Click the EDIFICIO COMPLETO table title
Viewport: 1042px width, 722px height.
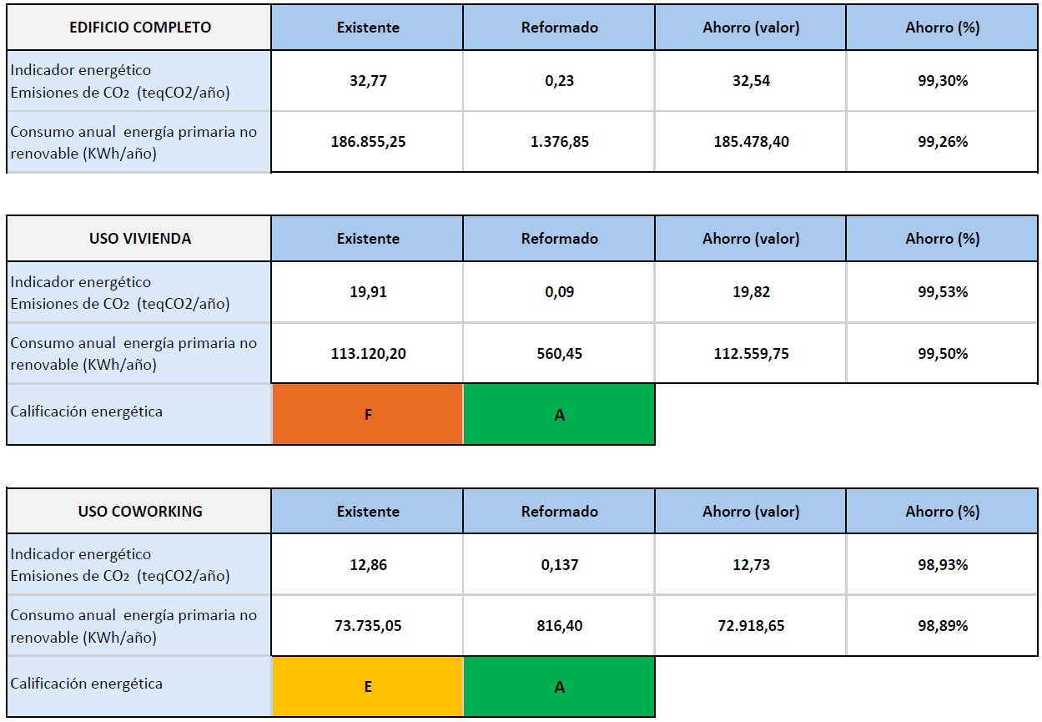[139, 28]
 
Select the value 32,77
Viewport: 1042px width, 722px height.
[368, 81]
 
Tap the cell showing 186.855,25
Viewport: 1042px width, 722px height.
[368, 142]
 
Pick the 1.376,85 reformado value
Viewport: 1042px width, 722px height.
[559, 142]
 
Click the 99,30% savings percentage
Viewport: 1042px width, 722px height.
[943, 81]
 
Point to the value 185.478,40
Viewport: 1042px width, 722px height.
[751, 142]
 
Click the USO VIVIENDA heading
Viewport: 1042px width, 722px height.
[139, 239]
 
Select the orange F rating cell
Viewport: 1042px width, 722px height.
[368, 415]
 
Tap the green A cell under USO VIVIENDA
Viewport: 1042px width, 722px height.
[559, 415]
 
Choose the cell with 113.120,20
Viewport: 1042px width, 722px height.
[368, 354]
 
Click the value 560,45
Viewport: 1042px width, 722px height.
[559, 354]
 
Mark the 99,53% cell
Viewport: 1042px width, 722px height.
[943, 292]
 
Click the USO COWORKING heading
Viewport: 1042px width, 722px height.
[139, 512]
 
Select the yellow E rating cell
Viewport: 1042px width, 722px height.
[368, 687]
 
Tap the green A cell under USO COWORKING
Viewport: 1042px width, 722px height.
[559, 687]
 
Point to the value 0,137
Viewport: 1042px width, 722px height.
[559, 565]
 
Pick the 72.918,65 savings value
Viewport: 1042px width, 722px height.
[751, 626]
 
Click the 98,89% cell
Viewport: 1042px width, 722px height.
[943, 626]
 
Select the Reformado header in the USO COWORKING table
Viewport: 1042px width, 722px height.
[559, 512]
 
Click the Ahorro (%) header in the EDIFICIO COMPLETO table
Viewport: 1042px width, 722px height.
[943, 28]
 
